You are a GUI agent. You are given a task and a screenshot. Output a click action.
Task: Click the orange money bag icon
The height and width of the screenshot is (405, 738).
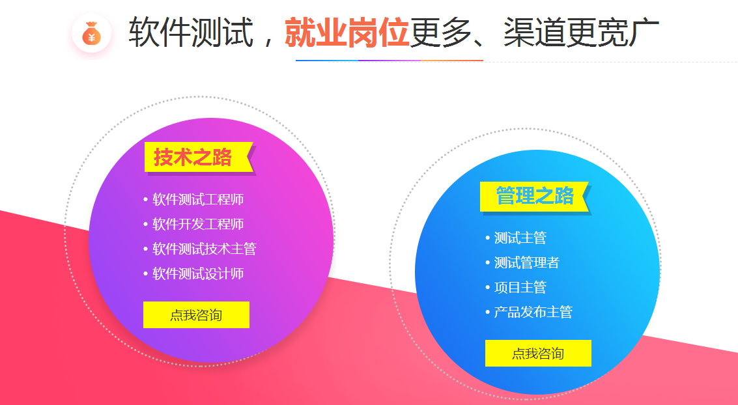click(x=92, y=33)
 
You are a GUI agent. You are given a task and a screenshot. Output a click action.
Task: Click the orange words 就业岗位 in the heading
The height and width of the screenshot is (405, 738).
click(x=347, y=32)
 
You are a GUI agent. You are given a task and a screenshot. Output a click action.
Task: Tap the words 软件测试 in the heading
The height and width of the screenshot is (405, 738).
click(x=191, y=32)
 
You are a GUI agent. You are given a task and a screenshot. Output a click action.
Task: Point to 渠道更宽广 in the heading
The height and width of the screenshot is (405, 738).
click(x=581, y=32)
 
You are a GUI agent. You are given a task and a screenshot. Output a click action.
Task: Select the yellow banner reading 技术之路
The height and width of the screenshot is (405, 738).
click(x=199, y=157)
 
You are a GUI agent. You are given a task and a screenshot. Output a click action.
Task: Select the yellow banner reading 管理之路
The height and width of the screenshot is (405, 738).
click(x=535, y=196)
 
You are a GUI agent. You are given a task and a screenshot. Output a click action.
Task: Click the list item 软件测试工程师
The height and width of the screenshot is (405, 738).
click(x=198, y=199)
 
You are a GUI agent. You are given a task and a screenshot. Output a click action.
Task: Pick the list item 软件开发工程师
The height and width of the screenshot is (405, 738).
click(x=198, y=225)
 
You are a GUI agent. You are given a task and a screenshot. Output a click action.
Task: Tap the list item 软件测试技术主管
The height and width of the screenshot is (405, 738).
click(x=205, y=249)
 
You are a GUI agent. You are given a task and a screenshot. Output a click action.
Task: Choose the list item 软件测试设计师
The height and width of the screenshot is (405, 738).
click(x=198, y=273)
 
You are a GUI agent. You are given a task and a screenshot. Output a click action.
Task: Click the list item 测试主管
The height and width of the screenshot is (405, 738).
click(x=520, y=238)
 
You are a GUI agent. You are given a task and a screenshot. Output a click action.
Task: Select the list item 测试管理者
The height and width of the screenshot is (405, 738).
click(x=527, y=262)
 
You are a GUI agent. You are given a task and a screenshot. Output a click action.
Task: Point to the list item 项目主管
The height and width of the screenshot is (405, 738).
click(x=520, y=287)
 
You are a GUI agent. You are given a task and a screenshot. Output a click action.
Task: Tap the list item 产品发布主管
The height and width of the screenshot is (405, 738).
click(x=533, y=312)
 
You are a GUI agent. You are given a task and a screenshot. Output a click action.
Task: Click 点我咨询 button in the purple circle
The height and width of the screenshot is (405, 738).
click(x=196, y=314)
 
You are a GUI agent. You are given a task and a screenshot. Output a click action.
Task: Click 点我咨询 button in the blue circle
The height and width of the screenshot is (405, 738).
click(x=538, y=354)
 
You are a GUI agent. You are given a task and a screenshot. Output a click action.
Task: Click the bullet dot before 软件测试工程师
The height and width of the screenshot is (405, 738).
click(x=145, y=199)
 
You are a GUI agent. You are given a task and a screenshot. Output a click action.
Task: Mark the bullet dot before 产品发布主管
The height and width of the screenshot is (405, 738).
click(x=488, y=312)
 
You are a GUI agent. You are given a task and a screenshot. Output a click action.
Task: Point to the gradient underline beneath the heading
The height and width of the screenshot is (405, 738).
click(x=390, y=61)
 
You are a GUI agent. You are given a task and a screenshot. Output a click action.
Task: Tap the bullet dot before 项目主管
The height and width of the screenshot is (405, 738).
click(x=488, y=287)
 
